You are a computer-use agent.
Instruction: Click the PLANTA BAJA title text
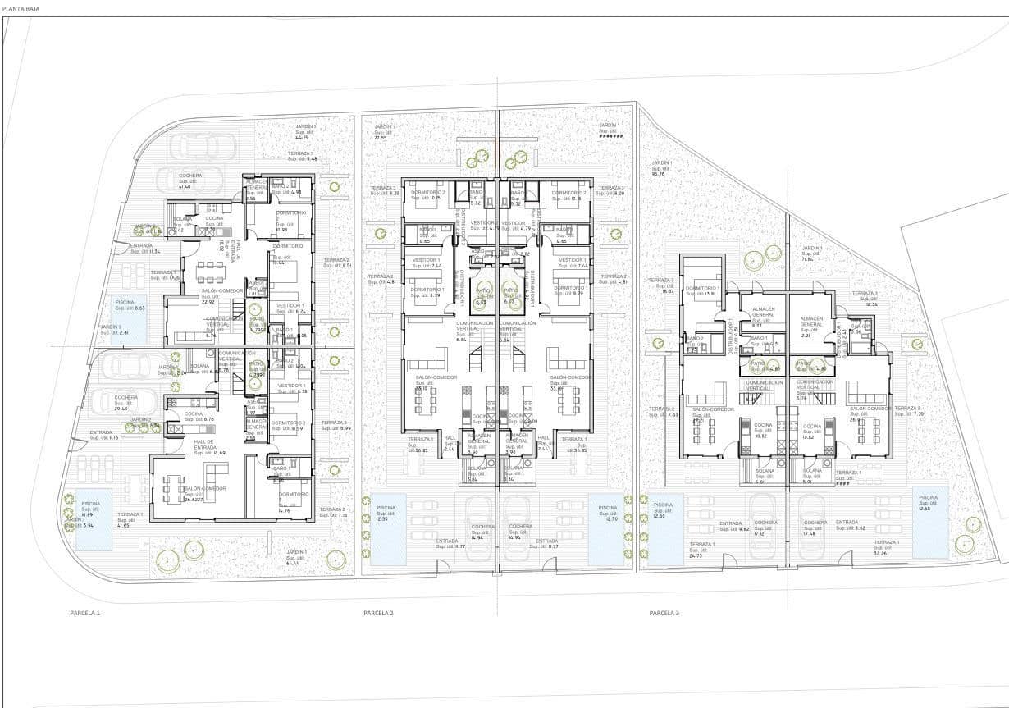pyautogui.click(x=20, y=8)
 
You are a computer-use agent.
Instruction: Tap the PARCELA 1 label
pyautogui.click(x=84, y=613)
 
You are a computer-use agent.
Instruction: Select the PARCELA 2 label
pyautogui.click(x=378, y=613)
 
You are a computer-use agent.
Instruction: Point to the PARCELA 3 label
pyautogui.click(x=664, y=613)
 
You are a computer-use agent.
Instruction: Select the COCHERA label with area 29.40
pyautogui.click(x=126, y=402)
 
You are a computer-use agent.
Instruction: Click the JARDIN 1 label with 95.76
pyautogui.click(x=660, y=167)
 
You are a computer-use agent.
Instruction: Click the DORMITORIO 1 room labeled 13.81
pyautogui.click(x=702, y=290)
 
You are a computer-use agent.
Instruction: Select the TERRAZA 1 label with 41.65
pyautogui.click(x=129, y=519)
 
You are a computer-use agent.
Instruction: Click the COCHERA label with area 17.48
pyautogui.click(x=815, y=528)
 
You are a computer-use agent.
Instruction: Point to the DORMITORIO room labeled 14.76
pyautogui.click(x=293, y=500)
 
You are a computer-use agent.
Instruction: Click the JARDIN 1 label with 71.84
pyautogui.click(x=811, y=254)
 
